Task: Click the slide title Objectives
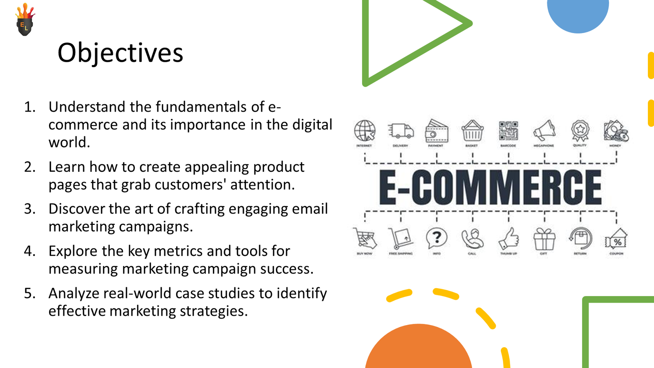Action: coord(120,53)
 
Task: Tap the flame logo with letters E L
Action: coord(25,20)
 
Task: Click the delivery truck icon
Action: coord(401,131)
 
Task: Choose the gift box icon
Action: coord(544,239)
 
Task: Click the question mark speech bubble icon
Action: coord(437,238)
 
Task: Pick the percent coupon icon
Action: coord(616,240)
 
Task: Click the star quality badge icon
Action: coord(580,130)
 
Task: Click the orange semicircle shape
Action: coord(418,350)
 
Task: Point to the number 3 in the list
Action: coord(29,209)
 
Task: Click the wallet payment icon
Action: coord(436,131)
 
